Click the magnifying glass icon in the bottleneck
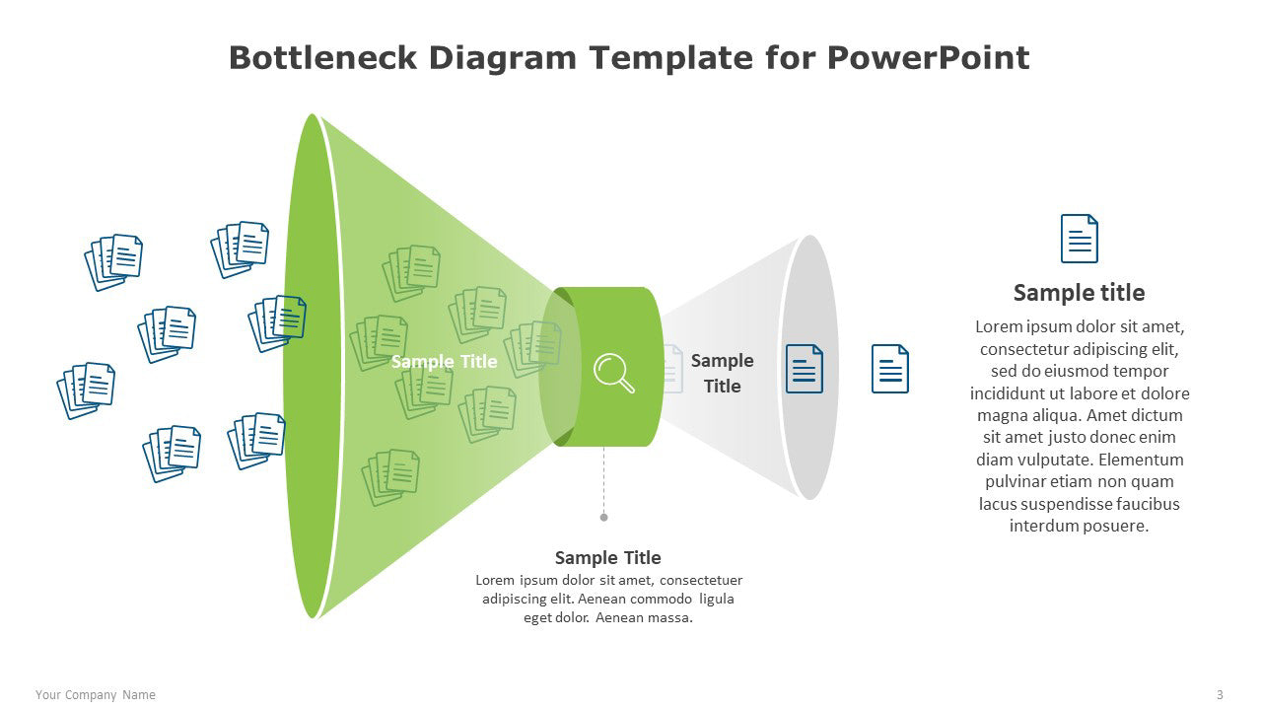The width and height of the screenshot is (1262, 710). [x=613, y=373]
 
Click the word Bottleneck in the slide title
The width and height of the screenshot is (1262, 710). [x=322, y=58]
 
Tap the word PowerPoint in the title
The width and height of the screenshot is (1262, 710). [x=928, y=58]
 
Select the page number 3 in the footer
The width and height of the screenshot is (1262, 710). [x=1220, y=695]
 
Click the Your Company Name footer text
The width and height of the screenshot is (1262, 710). [x=96, y=695]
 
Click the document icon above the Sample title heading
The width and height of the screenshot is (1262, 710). [x=1079, y=239]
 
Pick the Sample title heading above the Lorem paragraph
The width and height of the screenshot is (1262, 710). [x=1079, y=293]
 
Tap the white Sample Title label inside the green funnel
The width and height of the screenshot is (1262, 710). [x=444, y=361]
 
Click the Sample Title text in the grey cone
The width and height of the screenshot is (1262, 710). [x=722, y=373]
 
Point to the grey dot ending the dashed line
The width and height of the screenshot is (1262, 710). [x=604, y=518]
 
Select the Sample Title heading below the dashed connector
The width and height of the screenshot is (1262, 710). [x=608, y=558]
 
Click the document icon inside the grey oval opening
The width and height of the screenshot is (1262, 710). [x=804, y=369]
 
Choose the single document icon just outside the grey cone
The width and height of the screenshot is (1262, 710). [x=889, y=369]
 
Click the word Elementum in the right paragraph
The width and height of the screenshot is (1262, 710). [x=1141, y=460]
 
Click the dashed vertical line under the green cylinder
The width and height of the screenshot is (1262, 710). [x=604, y=480]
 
